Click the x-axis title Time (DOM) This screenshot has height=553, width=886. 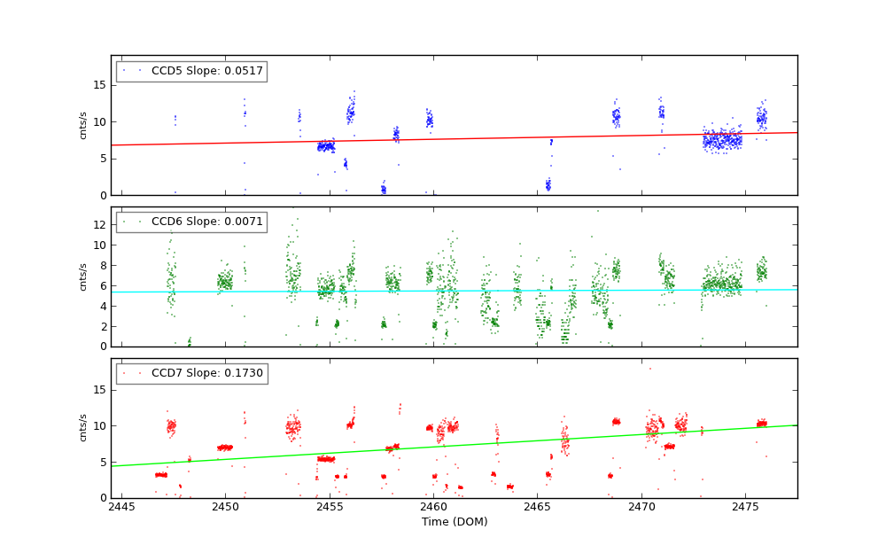pos(454,522)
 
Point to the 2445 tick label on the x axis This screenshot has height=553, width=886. pos(121,507)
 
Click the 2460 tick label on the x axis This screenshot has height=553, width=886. pos(433,507)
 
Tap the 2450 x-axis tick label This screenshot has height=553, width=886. pos(225,507)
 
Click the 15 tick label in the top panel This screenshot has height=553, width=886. pos(99,85)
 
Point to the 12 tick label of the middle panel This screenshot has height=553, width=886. pos(99,225)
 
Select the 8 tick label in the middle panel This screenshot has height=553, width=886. pos(102,266)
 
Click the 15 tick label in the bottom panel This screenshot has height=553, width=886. pos(99,390)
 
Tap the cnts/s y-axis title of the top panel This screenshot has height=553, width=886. pos(83,125)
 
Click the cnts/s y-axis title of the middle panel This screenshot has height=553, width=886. pos(83,276)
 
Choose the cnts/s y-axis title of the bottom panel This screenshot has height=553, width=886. pos(83,428)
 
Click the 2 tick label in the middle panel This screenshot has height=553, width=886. pos(102,327)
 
